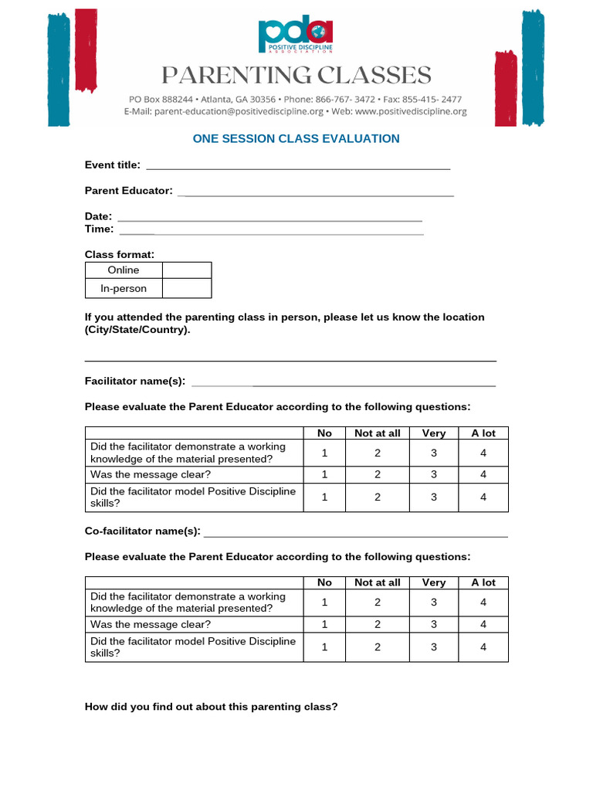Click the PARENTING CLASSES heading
(x=296, y=76)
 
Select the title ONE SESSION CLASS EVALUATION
(x=296, y=139)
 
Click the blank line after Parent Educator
(x=316, y=192)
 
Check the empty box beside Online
(x=187, y=270)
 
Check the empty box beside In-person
(x=187, y=289)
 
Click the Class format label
(x=120, y=254)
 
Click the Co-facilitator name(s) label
(x=142, y=531)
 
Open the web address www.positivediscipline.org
(x=411, y=111)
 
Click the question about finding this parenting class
(x=211, y=706)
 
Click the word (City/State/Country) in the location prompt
(x=136, y=330)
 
